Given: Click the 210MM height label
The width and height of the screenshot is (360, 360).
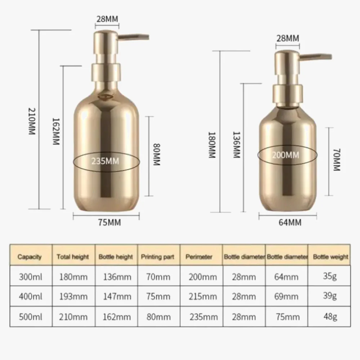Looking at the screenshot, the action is [x=32, y=121].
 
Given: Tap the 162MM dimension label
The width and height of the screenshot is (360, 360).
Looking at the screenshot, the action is [x=56, y=131].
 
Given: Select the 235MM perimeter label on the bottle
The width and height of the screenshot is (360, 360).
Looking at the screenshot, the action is [x=105, y=161].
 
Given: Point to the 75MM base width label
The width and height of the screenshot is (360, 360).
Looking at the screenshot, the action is [x=109, y=222].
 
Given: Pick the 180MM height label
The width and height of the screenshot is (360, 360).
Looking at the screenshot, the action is [x=211, y=145].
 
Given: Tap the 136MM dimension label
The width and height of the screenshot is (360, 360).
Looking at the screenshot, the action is [x=236, y=145].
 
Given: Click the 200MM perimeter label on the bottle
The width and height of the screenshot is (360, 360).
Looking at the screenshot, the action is [x=285, y=155].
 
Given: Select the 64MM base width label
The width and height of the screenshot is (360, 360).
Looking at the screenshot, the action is [x=290, y=222].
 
